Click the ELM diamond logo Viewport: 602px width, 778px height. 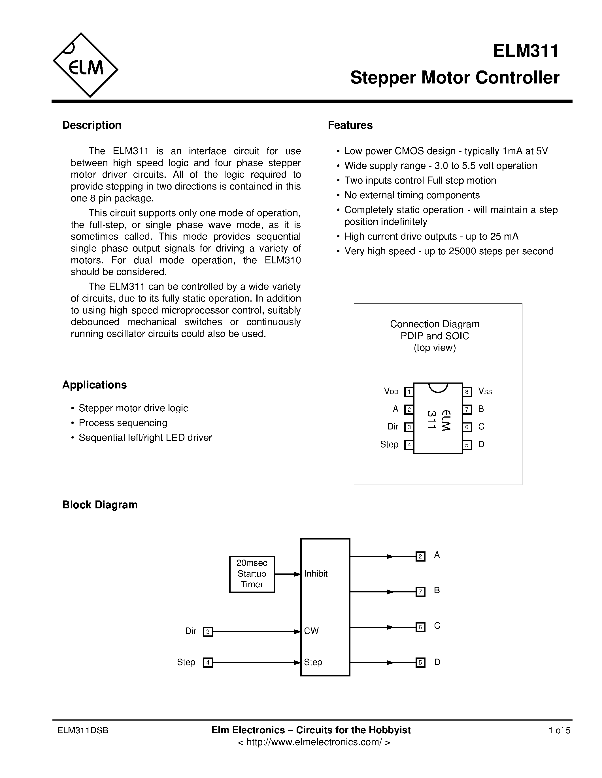(x=86, y=65)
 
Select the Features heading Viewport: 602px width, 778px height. (x=350, y=125)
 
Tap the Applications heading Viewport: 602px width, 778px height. (x=95, y=385)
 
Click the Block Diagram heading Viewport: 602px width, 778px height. (x=100, y=505)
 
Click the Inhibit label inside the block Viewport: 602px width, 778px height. (x=316, y=573)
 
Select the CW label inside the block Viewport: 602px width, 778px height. (x=311, y=631)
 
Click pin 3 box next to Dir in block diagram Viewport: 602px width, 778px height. (x=208, y=631)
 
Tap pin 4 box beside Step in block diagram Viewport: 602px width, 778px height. (x=208, y=663)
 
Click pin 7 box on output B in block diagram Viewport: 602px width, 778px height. (x=420, y=592)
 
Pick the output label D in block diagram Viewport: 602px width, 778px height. (x=437, y=662)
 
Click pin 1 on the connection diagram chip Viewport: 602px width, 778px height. (x=409, y=392)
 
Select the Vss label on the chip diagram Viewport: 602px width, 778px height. (x=485, y=392)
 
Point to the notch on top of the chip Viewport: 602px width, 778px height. (x=438, y=387)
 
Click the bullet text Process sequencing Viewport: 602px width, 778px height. (x=123, y=423)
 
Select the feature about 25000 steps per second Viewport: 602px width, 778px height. (x=449, y=251)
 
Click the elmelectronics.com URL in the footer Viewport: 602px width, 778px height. (x=314, y=742)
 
